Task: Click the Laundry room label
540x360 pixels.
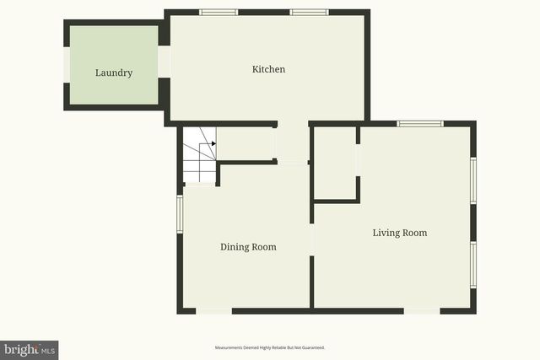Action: [114, 73]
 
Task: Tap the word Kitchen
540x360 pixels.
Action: [269, 69]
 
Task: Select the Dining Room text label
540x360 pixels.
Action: [248, 247]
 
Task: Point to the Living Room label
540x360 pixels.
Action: [400, 233]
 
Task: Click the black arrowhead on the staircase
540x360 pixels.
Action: [213, 143]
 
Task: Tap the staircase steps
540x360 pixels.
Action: [199, 155]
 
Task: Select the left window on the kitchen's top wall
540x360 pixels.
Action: [219, 13]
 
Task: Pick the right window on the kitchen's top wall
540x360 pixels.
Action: [309, 13]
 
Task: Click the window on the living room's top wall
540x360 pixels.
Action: [420, 124]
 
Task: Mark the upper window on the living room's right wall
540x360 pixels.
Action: [473, 180]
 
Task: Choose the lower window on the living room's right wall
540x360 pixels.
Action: [473, 265]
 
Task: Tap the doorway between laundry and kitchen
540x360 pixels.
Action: [165, 62]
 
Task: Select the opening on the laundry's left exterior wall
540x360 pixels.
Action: [67, 64]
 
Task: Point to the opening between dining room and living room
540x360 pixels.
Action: [312, 239]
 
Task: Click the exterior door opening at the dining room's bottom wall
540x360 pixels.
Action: [214, 311]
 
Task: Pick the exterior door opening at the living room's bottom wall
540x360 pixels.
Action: [421, 311]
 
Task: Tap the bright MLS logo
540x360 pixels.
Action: [30, 349]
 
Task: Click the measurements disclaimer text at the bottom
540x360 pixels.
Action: [270, 347]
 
